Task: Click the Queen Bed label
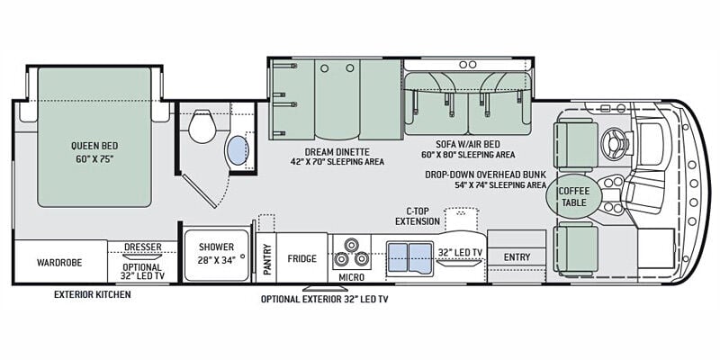(x=94, y=146)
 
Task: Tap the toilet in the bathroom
(x=202, y=127)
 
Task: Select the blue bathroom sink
(x=238, y=150)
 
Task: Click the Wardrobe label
(x=59, y=263)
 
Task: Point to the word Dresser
(x=143, y=247)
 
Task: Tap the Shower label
(x=216, y=247)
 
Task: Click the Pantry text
(x=267, y=259)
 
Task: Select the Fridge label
(x=302, y=258)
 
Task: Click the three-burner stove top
(x=352, y=254)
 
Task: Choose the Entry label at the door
(x=517, y=257)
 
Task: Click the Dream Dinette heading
(x=337, y=152)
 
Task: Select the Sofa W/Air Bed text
(x=468, y=144)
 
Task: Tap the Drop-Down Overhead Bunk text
(x=485, y=175)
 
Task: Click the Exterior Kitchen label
(x=93, y=294)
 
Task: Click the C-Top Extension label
(x=418, y=216)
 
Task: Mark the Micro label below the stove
(x=351, y=277)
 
